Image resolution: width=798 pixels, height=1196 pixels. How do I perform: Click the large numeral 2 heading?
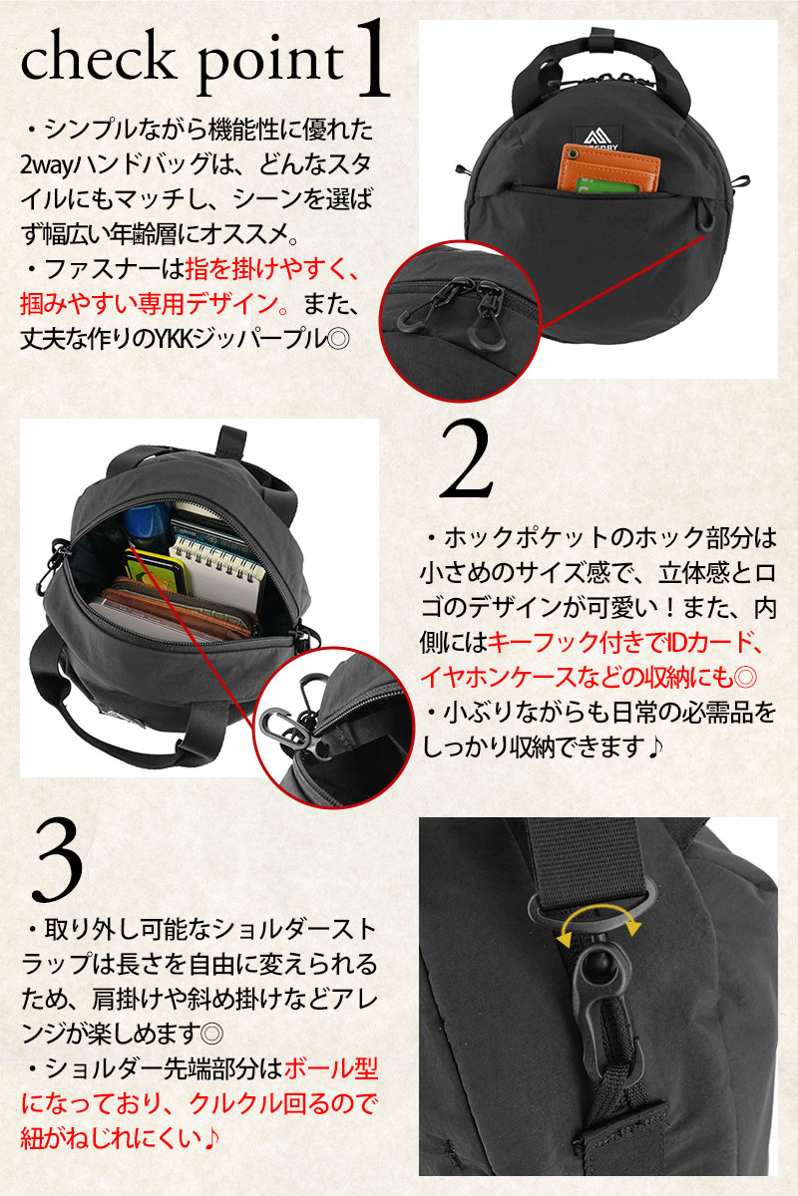[466, 460]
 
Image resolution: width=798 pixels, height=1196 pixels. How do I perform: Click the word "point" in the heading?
[270, 67]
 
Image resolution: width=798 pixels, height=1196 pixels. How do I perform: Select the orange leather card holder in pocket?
[608, 165]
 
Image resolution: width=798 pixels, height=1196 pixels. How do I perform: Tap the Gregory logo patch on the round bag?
[600, 139]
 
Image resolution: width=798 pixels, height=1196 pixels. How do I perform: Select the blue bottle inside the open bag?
[146, 528]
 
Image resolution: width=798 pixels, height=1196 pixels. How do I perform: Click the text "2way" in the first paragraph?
[46, 166]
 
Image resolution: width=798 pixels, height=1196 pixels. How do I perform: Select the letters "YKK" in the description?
[170, 339]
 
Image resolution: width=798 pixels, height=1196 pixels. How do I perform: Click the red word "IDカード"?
[712, 641]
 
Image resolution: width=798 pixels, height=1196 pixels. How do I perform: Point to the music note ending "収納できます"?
[653, 747]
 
